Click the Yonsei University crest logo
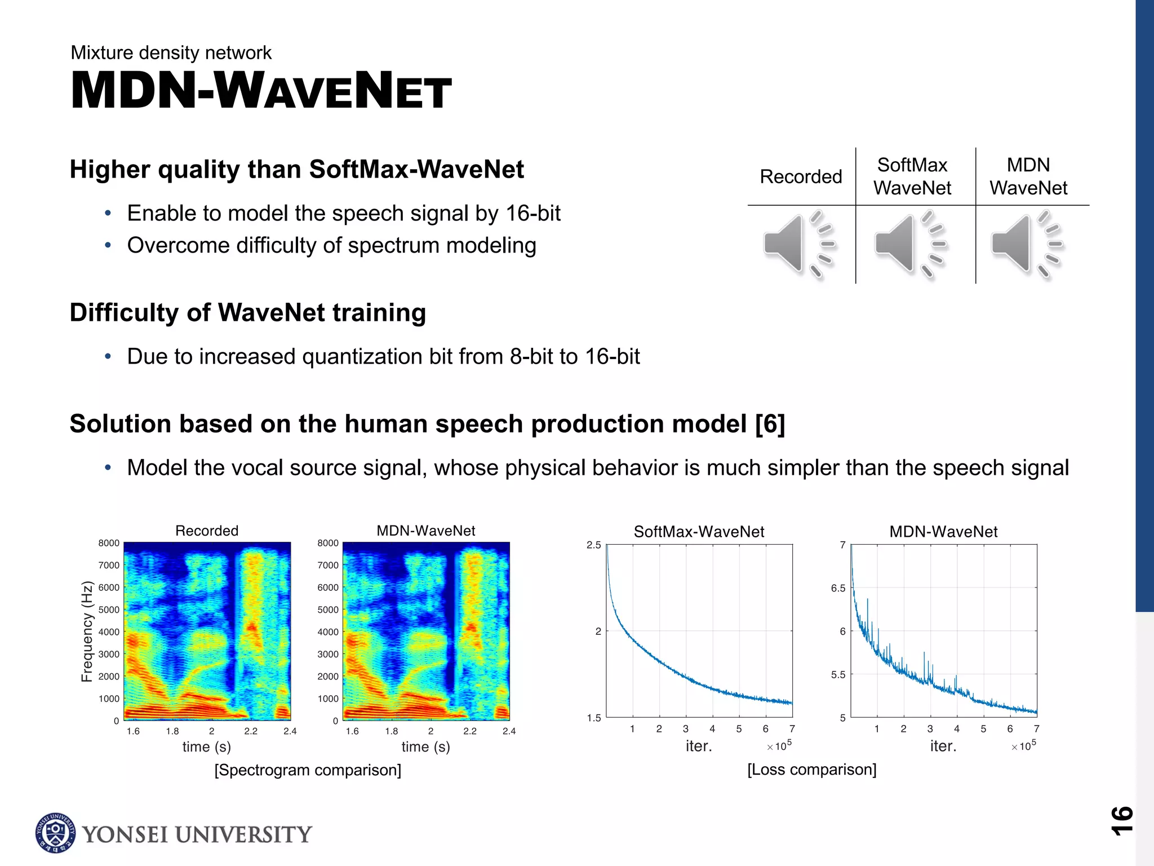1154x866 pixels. click(55, 833)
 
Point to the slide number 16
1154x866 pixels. click(1121, 820)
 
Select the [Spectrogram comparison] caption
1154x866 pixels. click(308, 770)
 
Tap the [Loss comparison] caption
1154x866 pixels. click(811, 770)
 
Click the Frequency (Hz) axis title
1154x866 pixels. click(87, 631)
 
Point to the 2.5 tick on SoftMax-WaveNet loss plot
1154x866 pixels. click(594, 545)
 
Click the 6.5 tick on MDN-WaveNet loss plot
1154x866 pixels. click(838, 588)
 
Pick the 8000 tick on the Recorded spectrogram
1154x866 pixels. click(109, 543)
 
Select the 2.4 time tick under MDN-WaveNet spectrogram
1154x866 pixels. click(509, 731)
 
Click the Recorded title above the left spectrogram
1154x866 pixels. click(207, 531)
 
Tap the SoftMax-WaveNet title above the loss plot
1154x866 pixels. click(699, 532)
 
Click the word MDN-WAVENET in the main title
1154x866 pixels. click(261, 91)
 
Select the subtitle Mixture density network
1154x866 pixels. click(171, 52)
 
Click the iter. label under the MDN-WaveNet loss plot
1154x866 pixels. click(943, 746)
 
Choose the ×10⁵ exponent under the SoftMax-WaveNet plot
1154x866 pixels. click(780, 746)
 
